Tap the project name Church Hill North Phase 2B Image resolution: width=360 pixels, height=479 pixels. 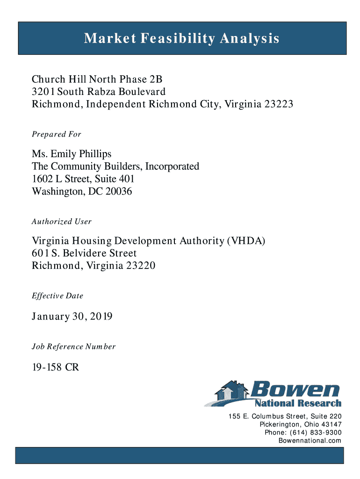pyautogui.click(x=97, y=79)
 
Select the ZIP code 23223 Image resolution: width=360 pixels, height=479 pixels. pyautogui.click(x=279, y=104)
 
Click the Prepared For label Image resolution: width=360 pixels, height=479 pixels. pyautogui.click(x=57, y=135)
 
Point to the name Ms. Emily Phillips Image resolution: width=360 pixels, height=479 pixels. pyautogui.click(x=72, y=154)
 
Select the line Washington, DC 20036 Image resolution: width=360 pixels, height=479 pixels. pyautogui.click(x=82, y=191)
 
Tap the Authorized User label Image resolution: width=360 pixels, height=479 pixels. pyautogui.click(x=62, y=222)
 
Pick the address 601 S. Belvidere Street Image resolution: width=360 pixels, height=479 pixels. pyautogui.click(x=84, y=254)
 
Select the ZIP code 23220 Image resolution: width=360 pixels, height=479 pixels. pyautogui.click(x=139, y=266)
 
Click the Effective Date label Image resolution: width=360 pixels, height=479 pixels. pyautogui.click(x=58, y=296)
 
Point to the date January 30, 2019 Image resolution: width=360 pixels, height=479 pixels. pyautogui.click(x=72, y=317)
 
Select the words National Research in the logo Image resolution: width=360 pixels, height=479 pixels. pyautogui.click(x=298, y=403)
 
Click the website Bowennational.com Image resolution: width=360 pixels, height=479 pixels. pyautogui.click(x=310, y=441)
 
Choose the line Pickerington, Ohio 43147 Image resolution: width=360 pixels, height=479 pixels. pyautogui.click(x=301, y=425)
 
